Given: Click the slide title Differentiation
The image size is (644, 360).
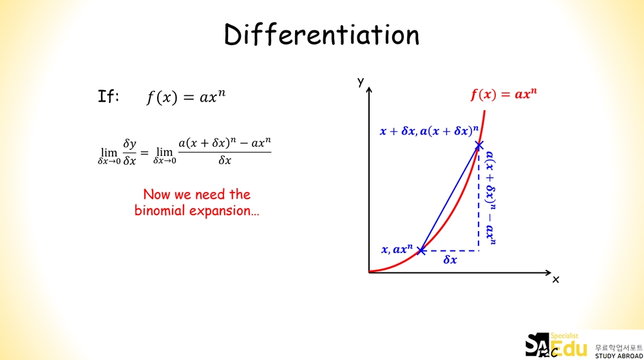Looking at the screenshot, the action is pos(321,35).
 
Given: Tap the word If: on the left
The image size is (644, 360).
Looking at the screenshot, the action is pos(108,97).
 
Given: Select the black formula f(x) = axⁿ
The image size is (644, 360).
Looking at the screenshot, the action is pos(186,97).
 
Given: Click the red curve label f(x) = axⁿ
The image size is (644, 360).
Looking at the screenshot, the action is pos(504,95).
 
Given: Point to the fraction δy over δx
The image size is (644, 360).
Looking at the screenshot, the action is pos(129,152).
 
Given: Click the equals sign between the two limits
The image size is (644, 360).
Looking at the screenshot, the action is pos(144,153).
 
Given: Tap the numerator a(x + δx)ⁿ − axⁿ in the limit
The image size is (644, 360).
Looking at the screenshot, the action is pos(225,143).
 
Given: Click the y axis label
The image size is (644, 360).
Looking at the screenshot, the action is pos(361,82).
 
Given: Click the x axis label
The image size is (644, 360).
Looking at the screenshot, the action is pos(556,279).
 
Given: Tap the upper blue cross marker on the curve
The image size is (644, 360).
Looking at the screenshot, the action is pos(479,146).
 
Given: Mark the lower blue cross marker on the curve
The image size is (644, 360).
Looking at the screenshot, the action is pos(421,251).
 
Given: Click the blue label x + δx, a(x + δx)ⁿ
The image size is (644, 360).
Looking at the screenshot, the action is pos(429,131).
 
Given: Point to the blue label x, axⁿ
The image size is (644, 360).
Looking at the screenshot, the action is pos(397,249).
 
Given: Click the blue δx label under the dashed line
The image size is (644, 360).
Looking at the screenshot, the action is pos(450,260).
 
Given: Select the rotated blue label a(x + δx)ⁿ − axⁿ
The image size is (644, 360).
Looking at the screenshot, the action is pos(490,198).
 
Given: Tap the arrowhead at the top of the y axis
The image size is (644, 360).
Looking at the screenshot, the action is pos(369,90).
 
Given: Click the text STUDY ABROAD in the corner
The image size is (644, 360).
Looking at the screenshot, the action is pos(619,355).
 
